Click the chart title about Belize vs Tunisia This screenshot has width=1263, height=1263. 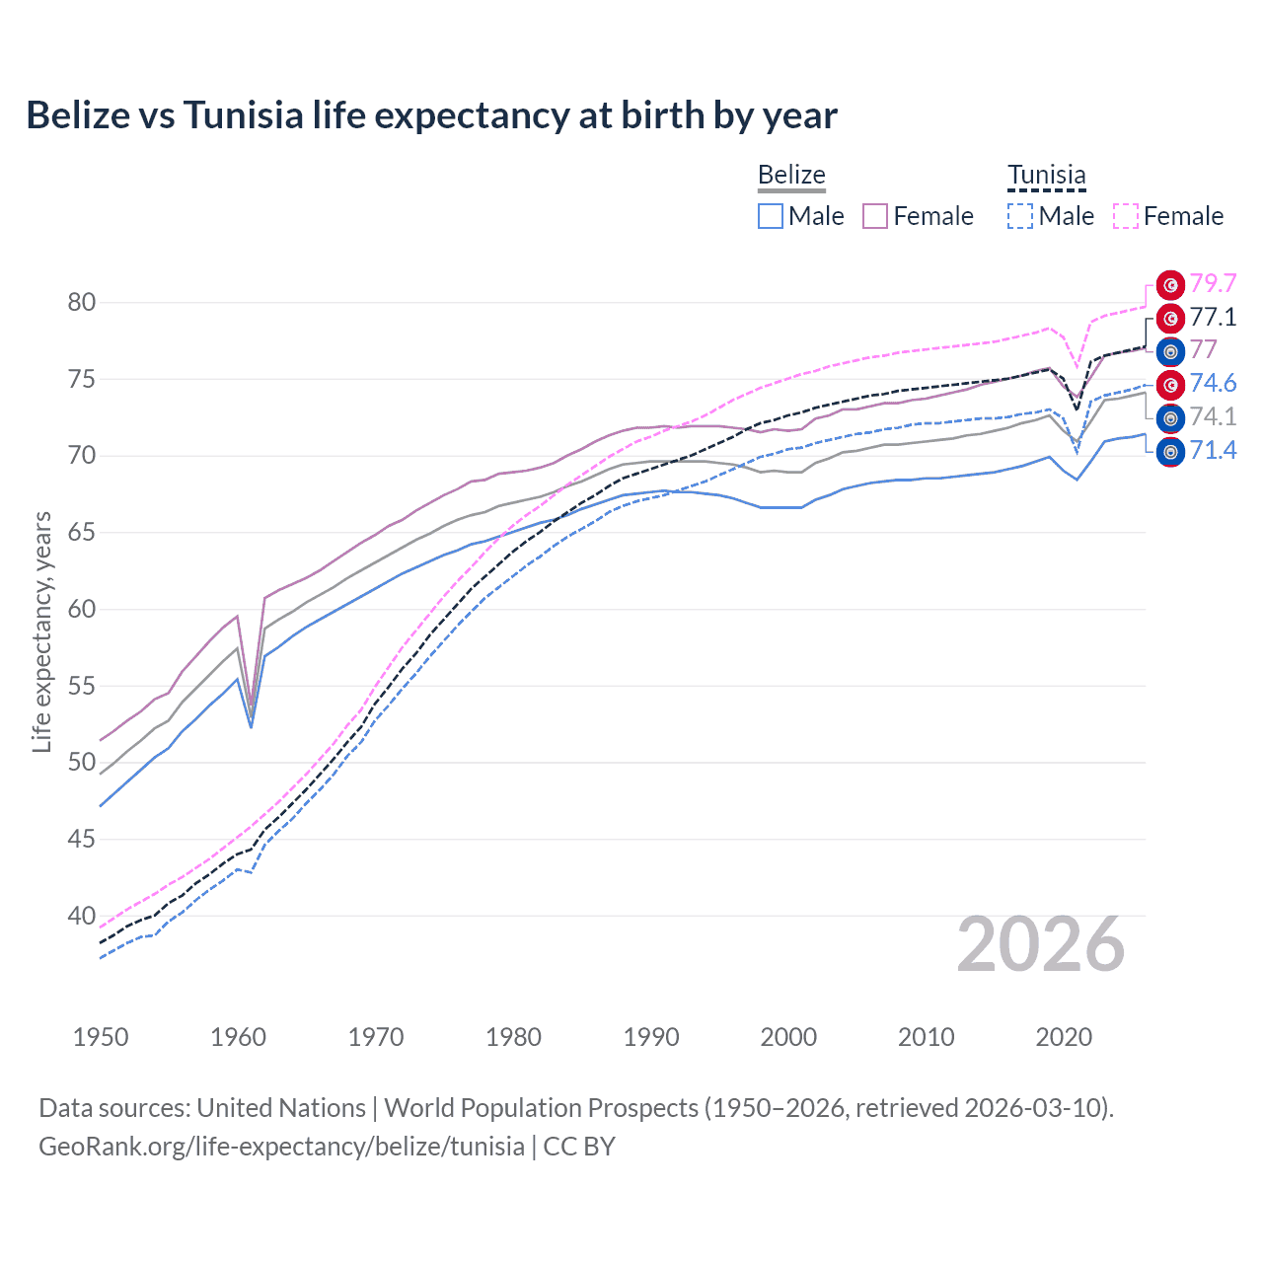pos(431,115)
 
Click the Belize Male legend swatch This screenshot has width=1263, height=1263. pos(771,216)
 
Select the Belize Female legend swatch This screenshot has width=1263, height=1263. pos(875,216)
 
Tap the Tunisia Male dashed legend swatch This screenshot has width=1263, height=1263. pos(1020,216)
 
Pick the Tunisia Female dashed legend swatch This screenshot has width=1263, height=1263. pos(1126,216)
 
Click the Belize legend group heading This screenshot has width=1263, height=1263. pos(791,176)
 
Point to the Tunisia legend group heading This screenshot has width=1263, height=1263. pos(1046,176)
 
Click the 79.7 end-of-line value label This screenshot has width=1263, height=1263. pos(1213,284)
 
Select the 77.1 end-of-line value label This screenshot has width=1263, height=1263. pos(1213,318)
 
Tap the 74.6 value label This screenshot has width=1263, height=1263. pos(1213,384)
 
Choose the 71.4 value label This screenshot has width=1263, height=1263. pos(1213,451)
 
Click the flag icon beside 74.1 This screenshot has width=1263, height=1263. pos(1170,418)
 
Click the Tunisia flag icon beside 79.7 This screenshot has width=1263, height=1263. pos(1170,285)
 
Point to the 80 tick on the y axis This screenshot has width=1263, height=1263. pos(82,303)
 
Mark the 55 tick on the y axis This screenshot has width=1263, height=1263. pos(82,686)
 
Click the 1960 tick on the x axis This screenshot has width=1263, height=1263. pos(238,1037)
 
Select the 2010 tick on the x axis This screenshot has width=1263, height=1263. pos(926,1037)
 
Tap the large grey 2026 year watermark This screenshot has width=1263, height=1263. pos(1040,945)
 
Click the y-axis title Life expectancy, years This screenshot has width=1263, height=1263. pos(41,631)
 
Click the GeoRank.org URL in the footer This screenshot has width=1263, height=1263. pos(281,1147)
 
